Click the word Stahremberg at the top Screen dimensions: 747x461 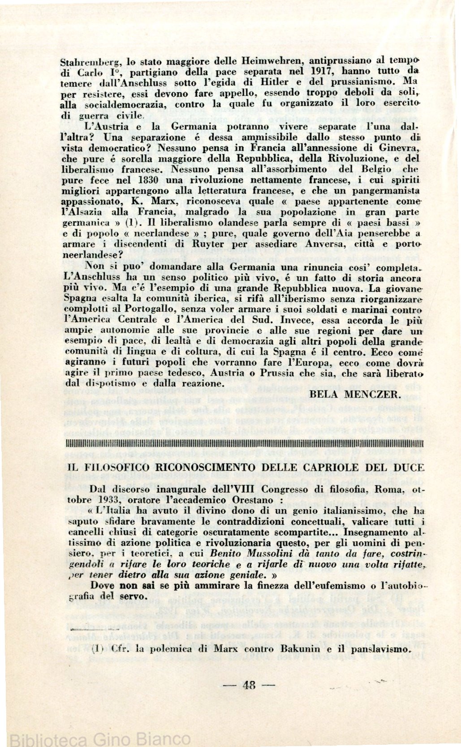point(89,60)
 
